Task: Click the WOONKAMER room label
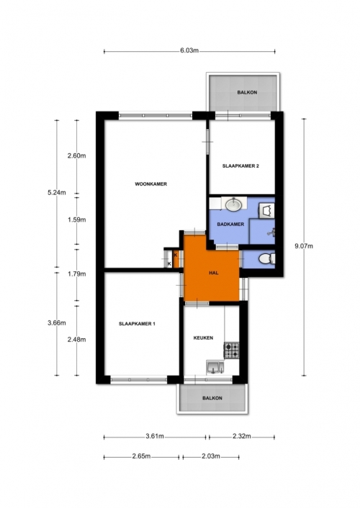point(150,184)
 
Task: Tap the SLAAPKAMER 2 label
point(240,166)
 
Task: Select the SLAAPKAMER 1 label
point(137,324)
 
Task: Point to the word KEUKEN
point(203,338)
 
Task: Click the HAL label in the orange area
point(213,273)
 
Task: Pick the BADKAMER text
point(230,224)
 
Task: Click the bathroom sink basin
point(233,205)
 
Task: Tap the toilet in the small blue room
point(267,259)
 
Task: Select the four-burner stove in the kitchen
point(231,350)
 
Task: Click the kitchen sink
point(215,368)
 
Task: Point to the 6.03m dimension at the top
point(189,50)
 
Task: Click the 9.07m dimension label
point(304,246)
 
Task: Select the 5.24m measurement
point(57,193)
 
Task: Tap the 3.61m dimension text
point(155,436)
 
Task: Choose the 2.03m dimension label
point(211,456)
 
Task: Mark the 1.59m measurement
point(77,220)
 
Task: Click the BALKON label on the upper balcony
point(247,92)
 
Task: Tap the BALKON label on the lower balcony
point(212,398)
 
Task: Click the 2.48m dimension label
point(77,340)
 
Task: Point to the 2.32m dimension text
point(242,436)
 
